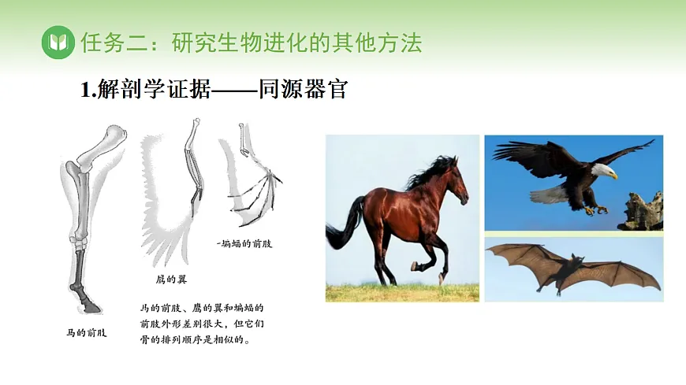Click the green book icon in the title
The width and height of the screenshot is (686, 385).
[x=57, y=42]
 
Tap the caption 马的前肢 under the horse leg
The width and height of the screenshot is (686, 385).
[x=86, y=332]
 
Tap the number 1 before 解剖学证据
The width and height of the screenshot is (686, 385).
[x=85, y=90]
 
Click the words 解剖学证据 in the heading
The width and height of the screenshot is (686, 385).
[x=154, y=90]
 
